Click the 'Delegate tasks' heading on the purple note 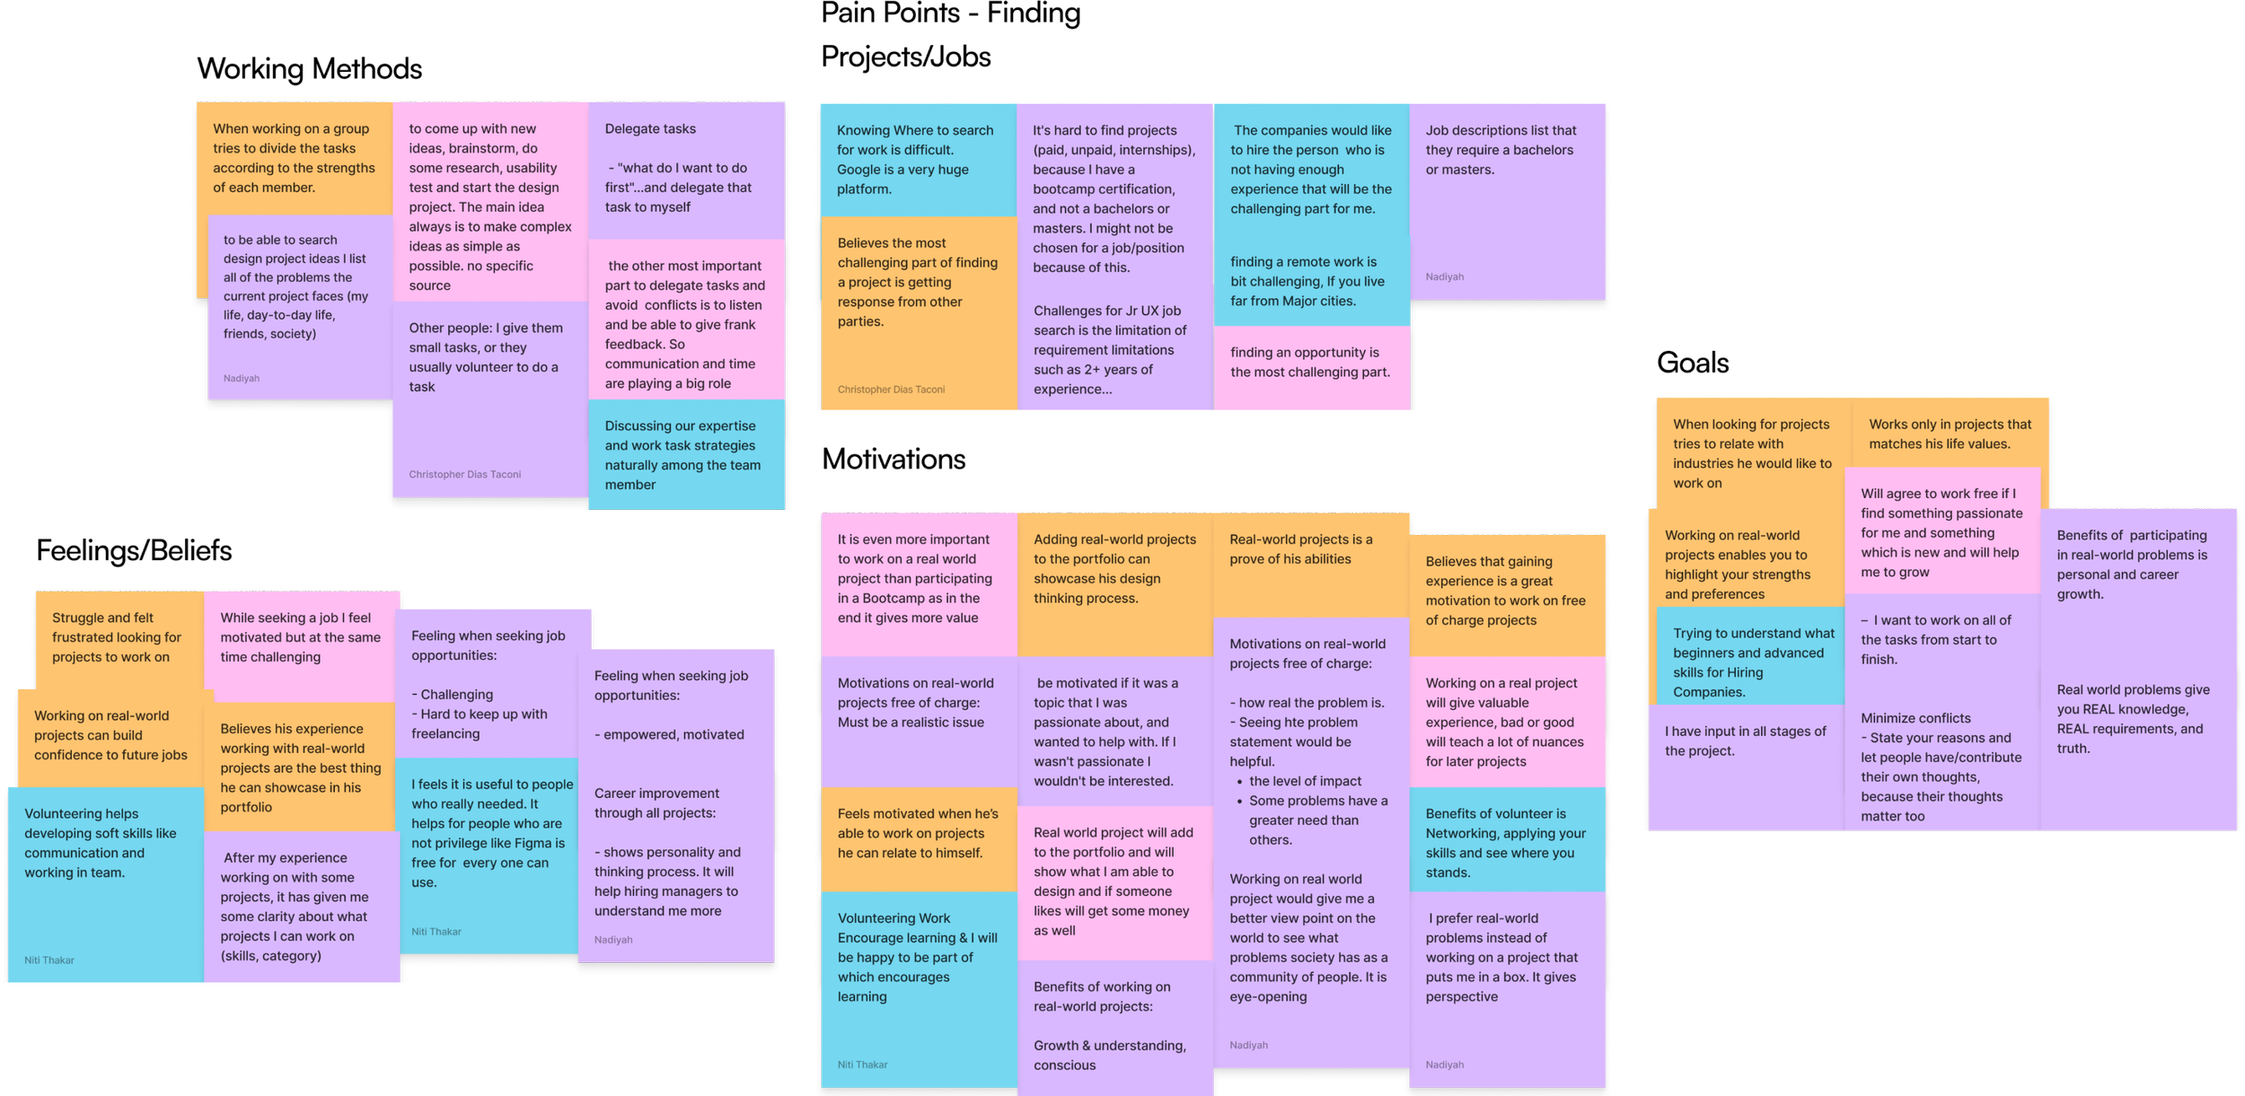(650, 129)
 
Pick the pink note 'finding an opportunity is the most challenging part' (1310, 364)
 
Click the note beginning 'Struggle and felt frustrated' (116, 637)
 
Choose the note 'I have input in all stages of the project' (1745, 741)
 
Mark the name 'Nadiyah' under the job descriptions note (1444, 276)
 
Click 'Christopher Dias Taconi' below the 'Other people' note (464, 474)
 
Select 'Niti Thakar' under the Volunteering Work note (862, 1065)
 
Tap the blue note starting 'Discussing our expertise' (684, 456)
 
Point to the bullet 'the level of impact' (1305, 781)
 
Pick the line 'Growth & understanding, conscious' (1109, 1056)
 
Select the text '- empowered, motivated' (669, 734)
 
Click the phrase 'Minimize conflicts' (1915, 718)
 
